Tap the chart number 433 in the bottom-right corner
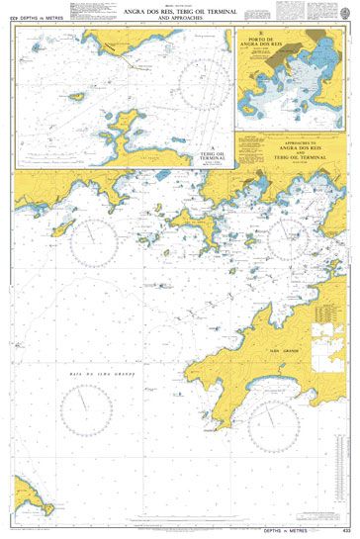pos(344,533)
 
